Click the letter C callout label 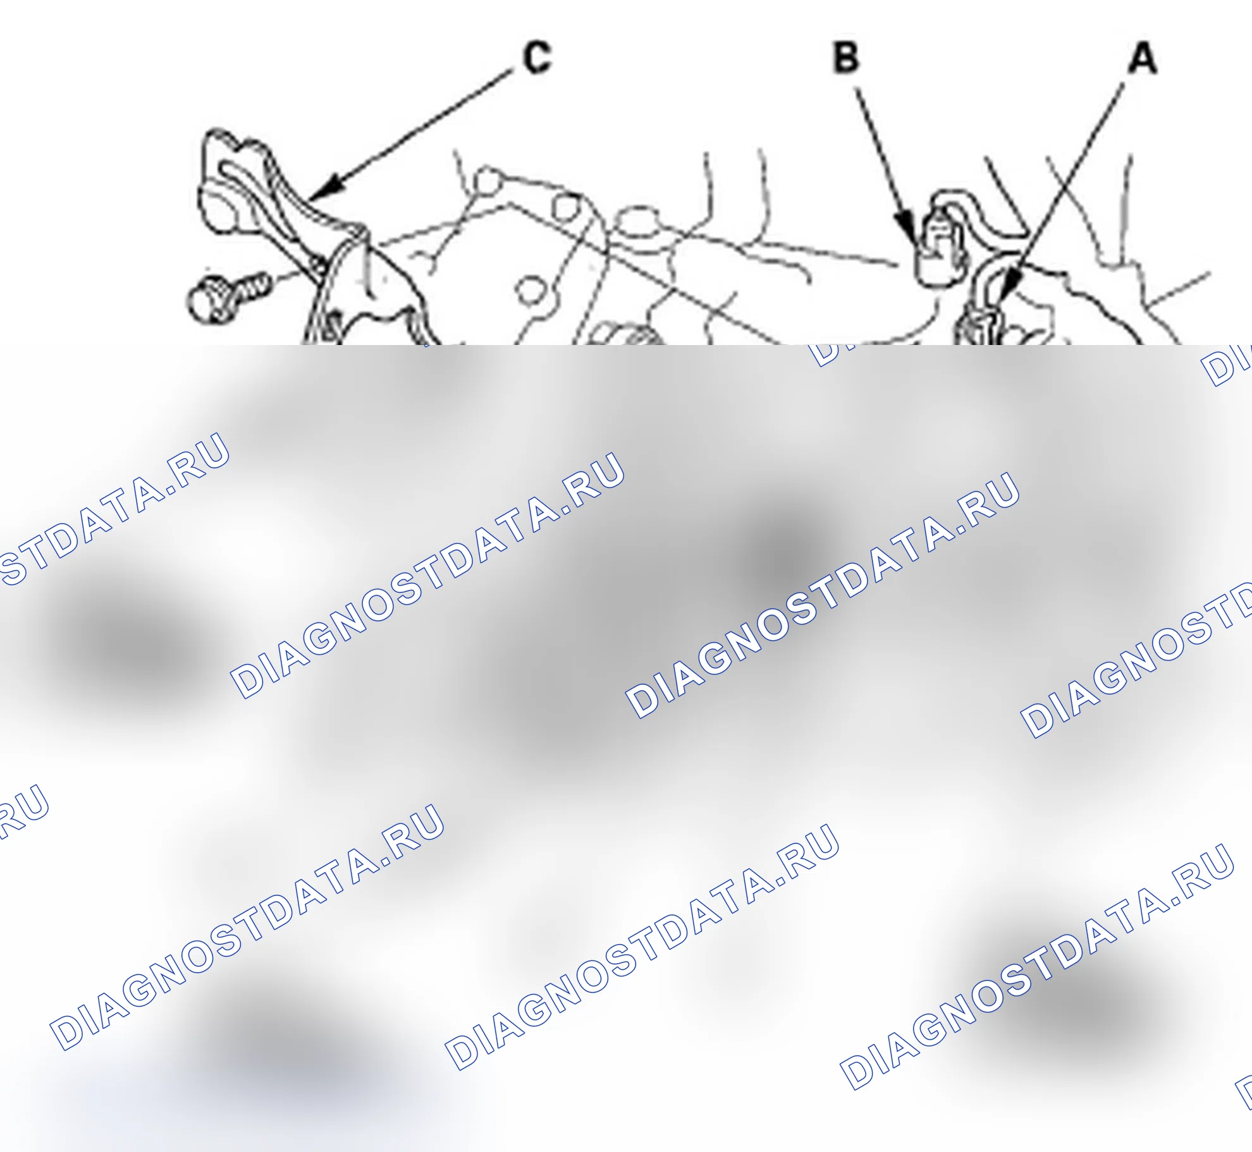(537, 58)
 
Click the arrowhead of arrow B (908, 229)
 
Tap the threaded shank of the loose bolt (252, 288)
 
